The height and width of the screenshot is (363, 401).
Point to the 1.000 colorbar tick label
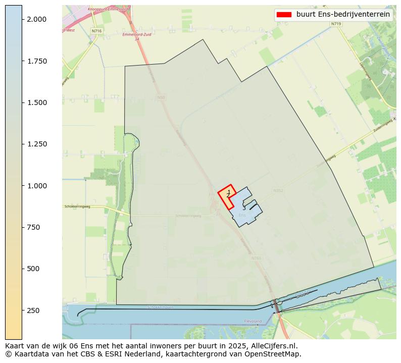coord(36,186)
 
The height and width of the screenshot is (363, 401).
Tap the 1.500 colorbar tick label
coord(36,102)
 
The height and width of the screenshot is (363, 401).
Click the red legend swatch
coord(283,15)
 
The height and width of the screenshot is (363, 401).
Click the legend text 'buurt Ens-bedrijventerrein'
coord(343,15)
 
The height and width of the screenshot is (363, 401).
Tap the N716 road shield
coord(96,31)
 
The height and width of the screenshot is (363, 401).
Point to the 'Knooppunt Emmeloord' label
coord(107,9)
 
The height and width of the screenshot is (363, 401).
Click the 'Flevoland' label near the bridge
coord(253,321)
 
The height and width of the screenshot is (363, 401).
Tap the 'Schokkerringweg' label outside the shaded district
coord(77,206)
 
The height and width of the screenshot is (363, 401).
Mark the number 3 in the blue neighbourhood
coord(244,208)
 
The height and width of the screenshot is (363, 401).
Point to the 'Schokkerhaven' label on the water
coord(161,307)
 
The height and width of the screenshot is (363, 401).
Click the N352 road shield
coord(278,190)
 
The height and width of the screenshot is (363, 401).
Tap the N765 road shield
coord(256,258)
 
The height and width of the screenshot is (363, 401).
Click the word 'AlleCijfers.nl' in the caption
coord(273,346)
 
